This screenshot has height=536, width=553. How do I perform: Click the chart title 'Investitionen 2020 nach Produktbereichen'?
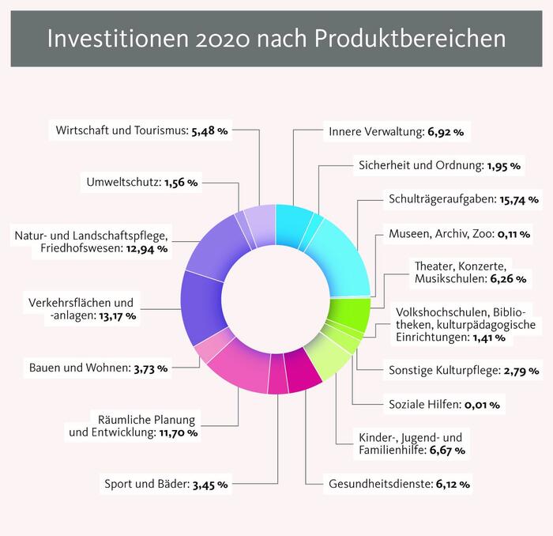tap(276, 39)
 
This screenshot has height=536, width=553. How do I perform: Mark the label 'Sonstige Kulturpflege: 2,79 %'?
tap(464, 369)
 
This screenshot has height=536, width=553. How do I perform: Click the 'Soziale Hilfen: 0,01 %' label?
tap(442, 405)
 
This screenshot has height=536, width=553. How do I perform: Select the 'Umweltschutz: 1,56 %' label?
tap(141, 183)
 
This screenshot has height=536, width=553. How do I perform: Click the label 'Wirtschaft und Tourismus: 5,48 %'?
tap(142, 131)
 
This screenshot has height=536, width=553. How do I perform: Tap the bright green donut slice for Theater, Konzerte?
tap(348, 309)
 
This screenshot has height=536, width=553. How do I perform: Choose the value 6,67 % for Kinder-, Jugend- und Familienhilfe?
tap(446, 450)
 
